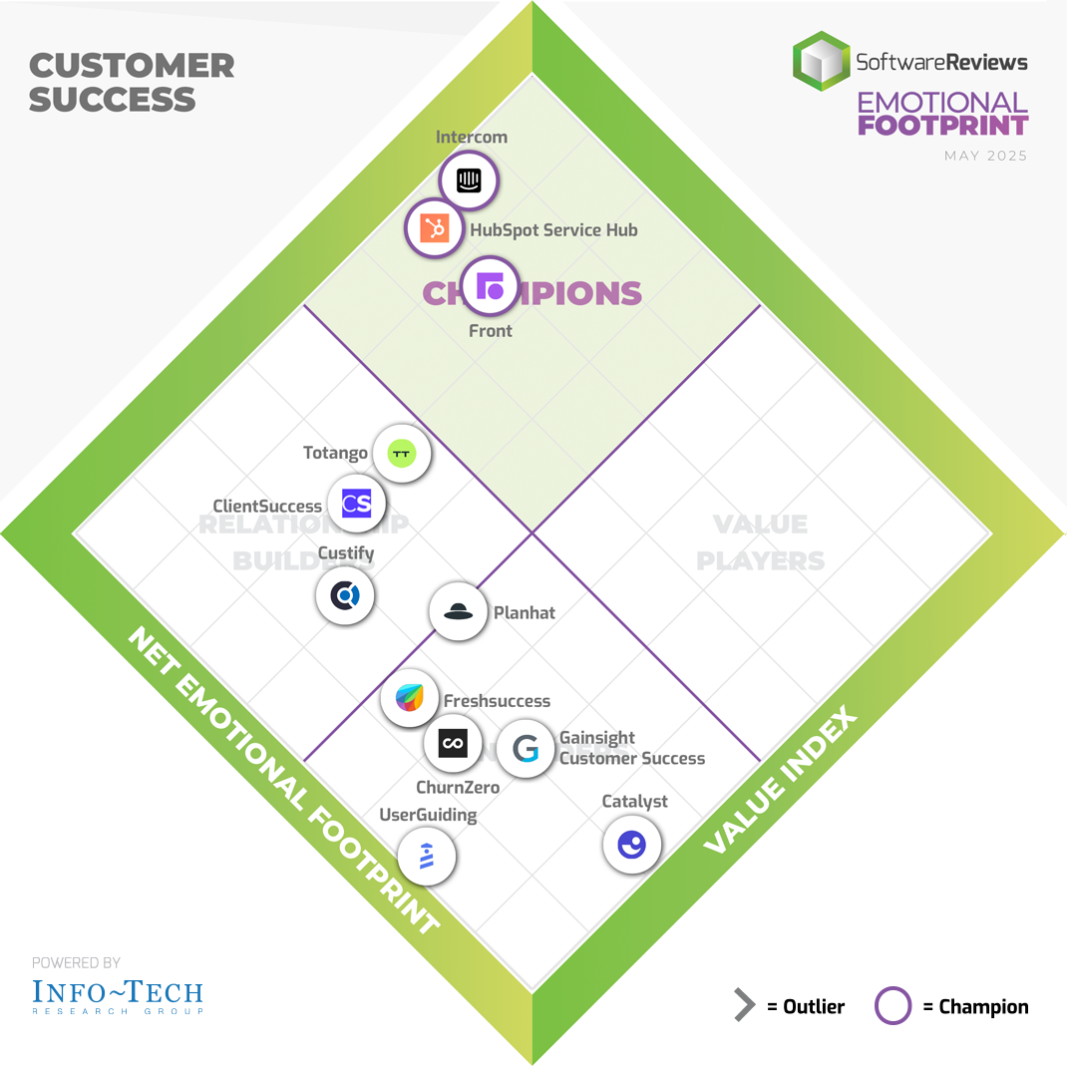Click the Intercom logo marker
click(469, 180)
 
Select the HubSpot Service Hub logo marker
click(434, 228)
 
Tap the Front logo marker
click(491, 286)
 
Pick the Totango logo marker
click(402, 454)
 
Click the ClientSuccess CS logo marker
click(356, 504)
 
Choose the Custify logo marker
click(345, 596)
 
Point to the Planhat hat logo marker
click(458, 611)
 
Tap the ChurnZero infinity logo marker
click(453, 743)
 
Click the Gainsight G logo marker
click(525, 748)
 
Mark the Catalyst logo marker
click(632, 845)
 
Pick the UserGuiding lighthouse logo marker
click(427, 856)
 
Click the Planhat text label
click(525, 612)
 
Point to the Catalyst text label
click(634, 802)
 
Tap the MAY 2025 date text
click(985, 156)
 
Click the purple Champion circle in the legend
click(893, 1006)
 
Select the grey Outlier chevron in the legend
click(745, 1006)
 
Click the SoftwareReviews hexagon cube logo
click(822, 61)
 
